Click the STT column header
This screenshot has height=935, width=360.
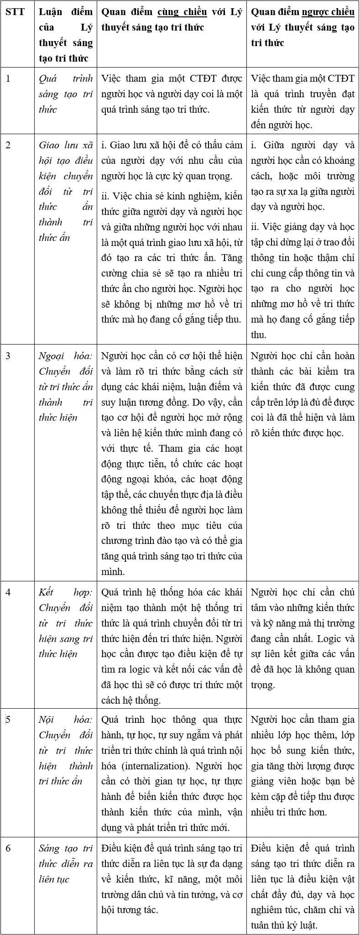click(x=15, y=11)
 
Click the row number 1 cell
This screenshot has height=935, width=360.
click(x=8, y=78)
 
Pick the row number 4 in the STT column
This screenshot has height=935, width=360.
click(x=8, y=592)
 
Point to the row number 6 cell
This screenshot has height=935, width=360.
click(x=8, y=848)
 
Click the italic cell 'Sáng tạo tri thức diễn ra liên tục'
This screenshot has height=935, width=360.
click(x=65, y=864)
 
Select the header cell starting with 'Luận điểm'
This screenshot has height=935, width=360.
click(x=65, y=35)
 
